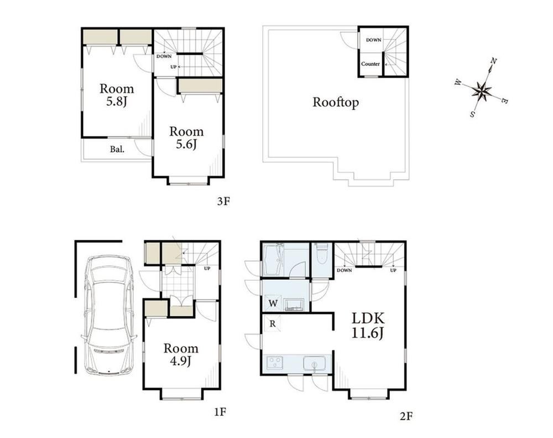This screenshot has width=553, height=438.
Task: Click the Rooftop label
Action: [x=336, y=102]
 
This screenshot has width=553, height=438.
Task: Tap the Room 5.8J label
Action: [x=117, y=95]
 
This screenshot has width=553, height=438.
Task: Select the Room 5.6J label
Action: [x=186, y=138]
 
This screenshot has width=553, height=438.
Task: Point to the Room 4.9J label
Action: [x=181, y=354]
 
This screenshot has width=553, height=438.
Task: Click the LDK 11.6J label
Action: [x=368, y=326]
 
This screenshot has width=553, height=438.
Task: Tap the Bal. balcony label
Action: [x=117, y=149]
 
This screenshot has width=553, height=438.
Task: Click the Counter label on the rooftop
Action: [x=371, y=64]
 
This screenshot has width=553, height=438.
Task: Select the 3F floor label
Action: [x=223, y=202]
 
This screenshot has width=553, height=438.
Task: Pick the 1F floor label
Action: [x=220, y=412]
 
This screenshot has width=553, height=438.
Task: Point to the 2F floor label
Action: [x=406, y=416]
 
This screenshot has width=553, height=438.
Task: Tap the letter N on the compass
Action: [x=494, y=62]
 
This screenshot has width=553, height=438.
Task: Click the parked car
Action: [x=109, y=315]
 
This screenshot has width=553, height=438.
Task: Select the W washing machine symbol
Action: [x=273, y=303]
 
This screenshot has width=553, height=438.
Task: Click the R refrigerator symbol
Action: [x=272, y=323]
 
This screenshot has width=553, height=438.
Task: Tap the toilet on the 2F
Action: [x=322, y=254]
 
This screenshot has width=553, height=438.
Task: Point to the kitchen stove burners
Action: [x=275, y=363]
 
